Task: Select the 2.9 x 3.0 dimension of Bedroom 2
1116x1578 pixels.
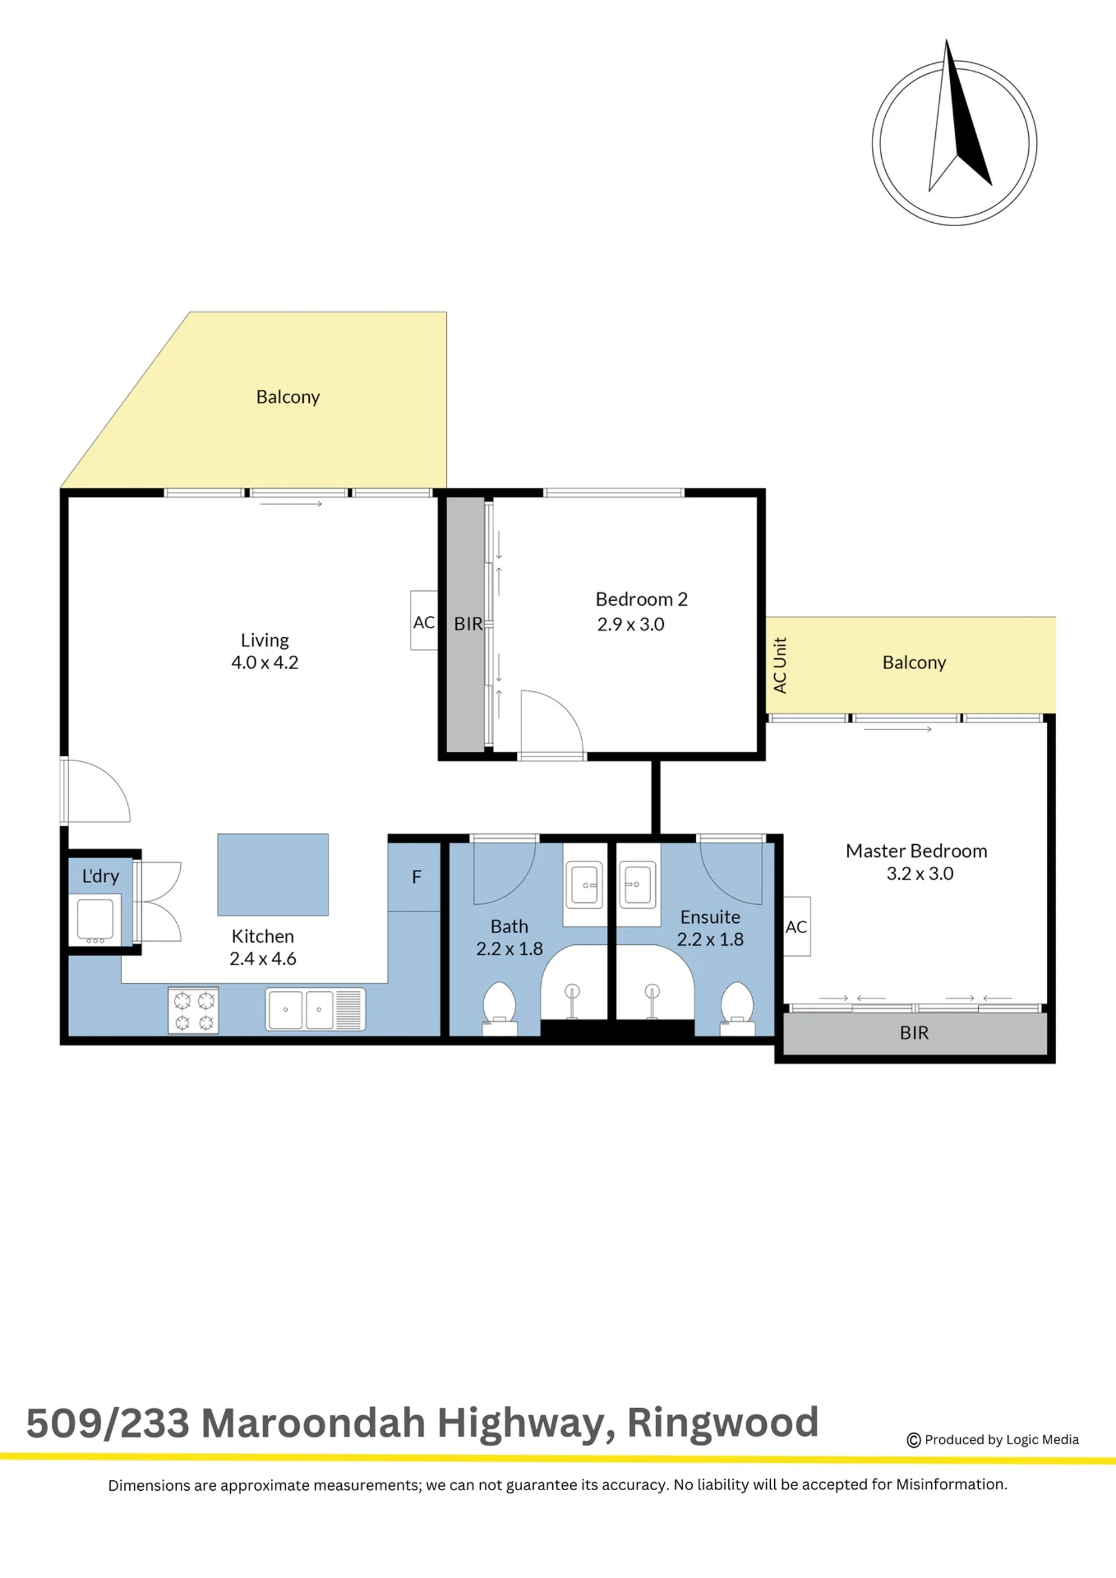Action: pos(631,624)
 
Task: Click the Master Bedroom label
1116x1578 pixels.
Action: pos(916,851)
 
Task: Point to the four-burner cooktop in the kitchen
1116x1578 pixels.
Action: pos(194,1011)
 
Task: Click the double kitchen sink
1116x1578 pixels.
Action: pos(316,1009)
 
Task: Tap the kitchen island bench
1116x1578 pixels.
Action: pos(273,874)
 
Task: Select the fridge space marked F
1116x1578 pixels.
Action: pos(414,876)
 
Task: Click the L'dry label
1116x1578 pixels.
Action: pos(101,876)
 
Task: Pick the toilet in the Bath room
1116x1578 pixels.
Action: pos(500,1008)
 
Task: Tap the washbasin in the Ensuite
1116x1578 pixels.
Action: pos(638,885)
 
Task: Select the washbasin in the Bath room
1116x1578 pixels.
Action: pos(584,885)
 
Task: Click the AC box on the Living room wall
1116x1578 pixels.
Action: pos(424,620)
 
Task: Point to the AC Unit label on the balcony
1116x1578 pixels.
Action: pos(780,665)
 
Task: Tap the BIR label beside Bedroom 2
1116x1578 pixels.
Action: pos(468,624)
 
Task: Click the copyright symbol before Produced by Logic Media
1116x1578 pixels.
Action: pos(914,1440)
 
